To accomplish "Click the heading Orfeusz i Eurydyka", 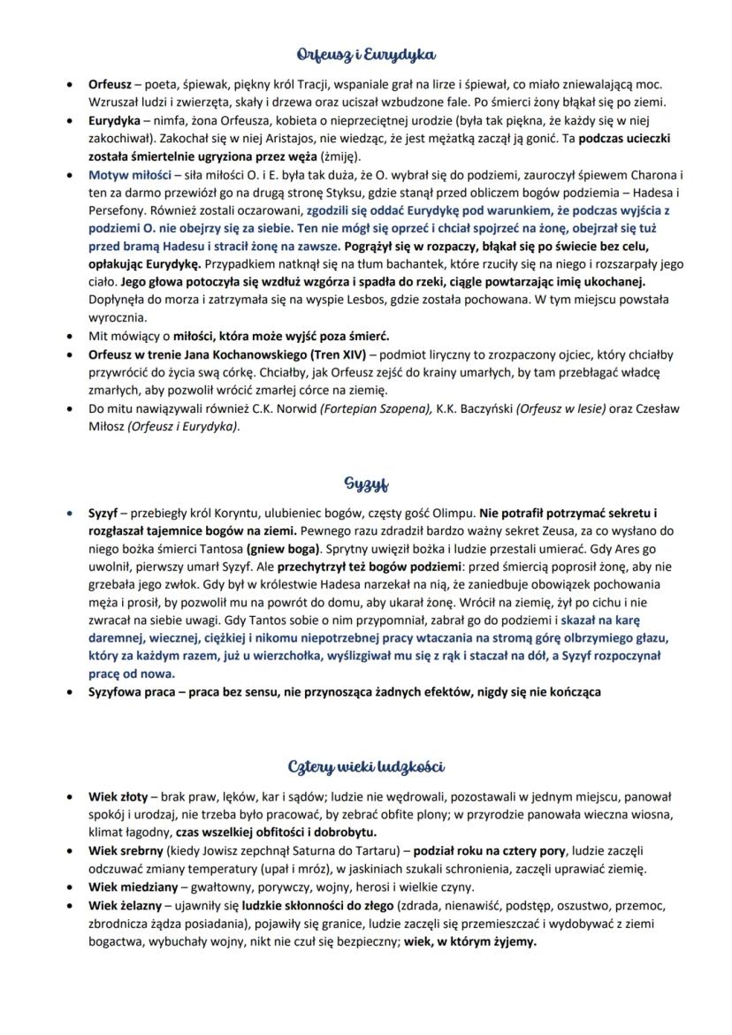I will pyautogui.click(x=366, y=55).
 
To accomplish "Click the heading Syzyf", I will pyautogui.click(x=366, y=485).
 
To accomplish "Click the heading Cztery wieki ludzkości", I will pyautogui.click(x=366, y=765).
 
